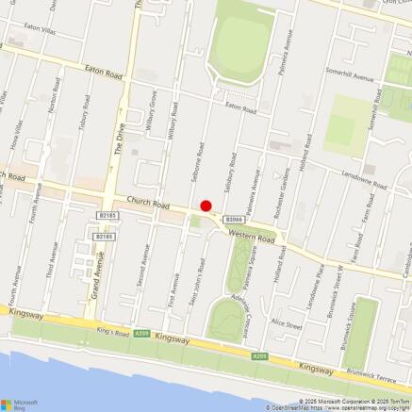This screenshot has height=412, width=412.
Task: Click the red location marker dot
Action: point(206,206)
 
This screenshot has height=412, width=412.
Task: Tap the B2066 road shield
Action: point(234,219)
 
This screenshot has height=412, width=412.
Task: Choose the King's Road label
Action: point(112,332)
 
